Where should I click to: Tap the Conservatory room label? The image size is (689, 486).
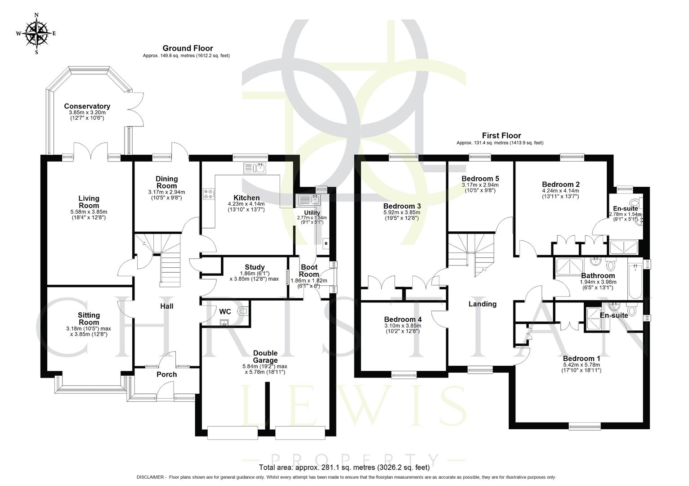click(87, 107)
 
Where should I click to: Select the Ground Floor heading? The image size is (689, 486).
click(188, 48)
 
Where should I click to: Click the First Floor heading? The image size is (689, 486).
click(501, 135)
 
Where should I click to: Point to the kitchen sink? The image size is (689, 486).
click(255, 168)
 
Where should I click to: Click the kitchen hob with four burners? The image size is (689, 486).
click(209, 193)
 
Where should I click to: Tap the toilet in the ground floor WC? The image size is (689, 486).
click(243, 311)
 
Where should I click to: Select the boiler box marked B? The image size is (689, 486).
click(327, 243)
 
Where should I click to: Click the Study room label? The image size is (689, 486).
click(255, 267)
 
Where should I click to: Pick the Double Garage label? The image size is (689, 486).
click(265, 356)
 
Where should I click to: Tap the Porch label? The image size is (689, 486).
click(167, 374)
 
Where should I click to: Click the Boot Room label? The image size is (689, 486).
click(309, 270)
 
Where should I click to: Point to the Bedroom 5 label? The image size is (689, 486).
click(480, 179)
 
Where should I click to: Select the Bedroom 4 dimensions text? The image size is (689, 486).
click(403, 328)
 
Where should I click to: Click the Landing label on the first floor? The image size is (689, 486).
click(483, 304)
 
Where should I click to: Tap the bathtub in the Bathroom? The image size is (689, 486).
click(635, 282)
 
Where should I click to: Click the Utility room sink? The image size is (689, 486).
click(309, 198)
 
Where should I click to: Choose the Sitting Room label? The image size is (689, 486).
click(89, 319)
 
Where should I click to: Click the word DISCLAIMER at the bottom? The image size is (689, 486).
click(151, 477)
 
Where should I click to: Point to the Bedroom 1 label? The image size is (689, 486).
click(581, 359)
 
